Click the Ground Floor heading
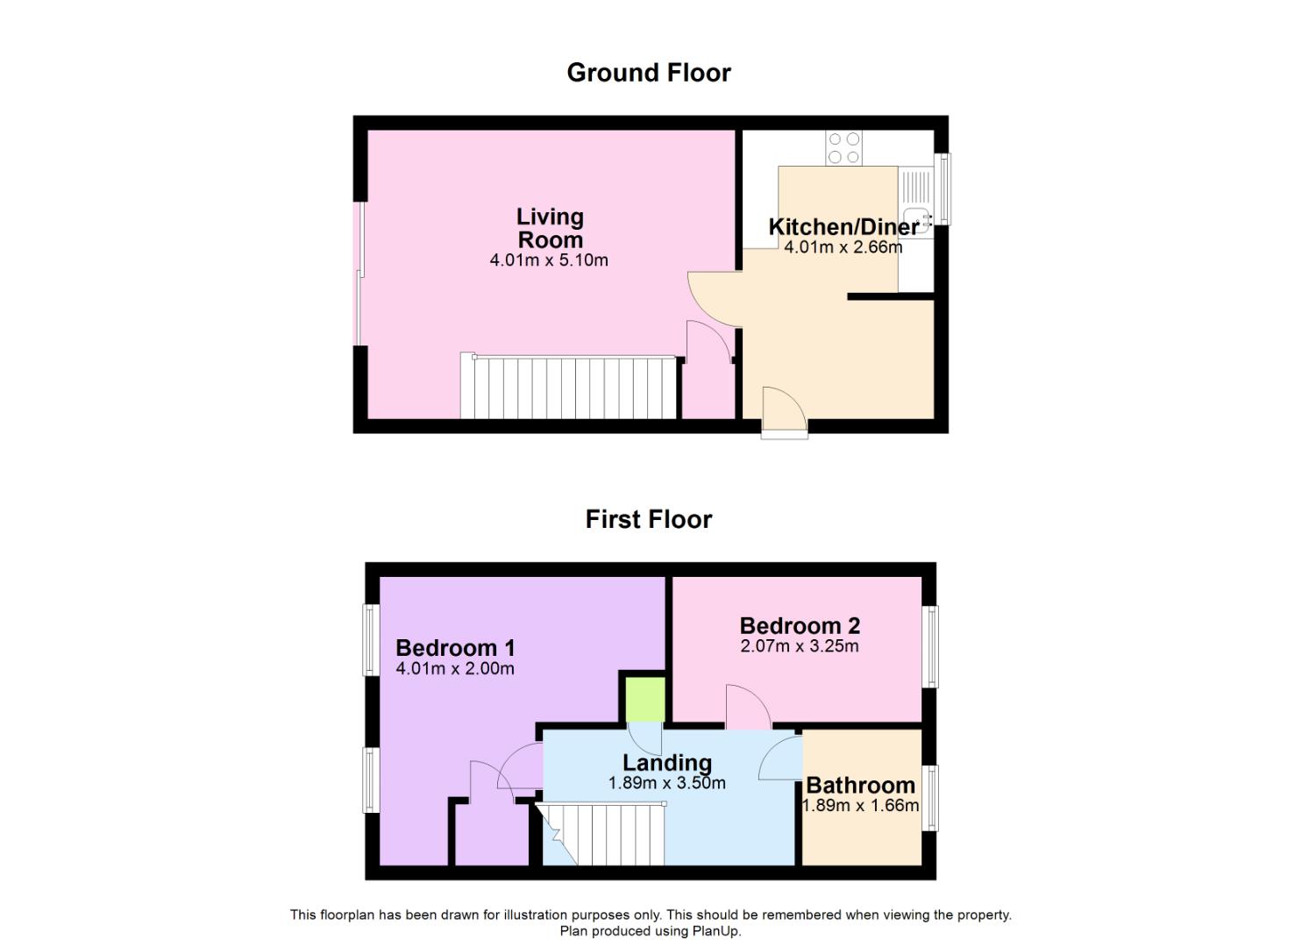[649, 74]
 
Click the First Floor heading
[649, 519]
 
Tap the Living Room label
[550, 228]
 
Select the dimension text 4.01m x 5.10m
[549, 260]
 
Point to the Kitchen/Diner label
[844, 227]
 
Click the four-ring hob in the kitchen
[844, 147]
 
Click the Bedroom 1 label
[455, 648]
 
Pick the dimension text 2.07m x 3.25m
[800, 646]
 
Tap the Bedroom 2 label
[800, 625]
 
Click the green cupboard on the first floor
[645, 700]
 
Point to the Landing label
[667, 762]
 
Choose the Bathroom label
[861, 786]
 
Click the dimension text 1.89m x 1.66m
[861, 806]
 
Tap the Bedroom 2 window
[930, 646]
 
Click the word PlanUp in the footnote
[715, 931]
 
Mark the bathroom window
[930, 798]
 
